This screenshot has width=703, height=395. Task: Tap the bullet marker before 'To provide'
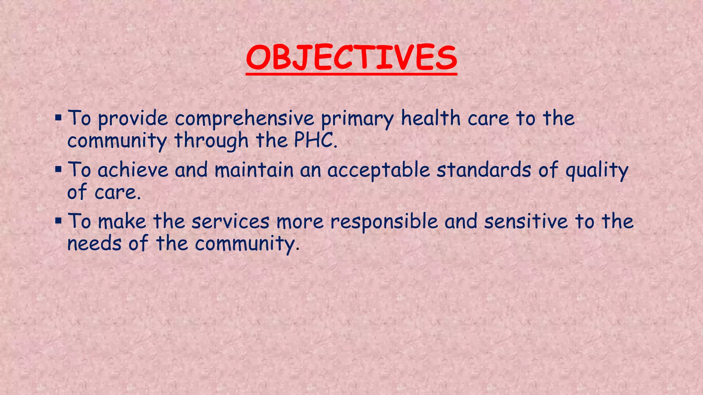tap(58, 118)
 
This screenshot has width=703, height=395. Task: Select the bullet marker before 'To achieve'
tap(58, 170)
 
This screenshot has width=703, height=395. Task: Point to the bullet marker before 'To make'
tap(58, 221)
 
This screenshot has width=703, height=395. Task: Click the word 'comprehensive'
tap(244, 119)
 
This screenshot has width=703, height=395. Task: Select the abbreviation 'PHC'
tap(313, 141)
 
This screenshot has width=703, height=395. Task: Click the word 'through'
tap(211, 141)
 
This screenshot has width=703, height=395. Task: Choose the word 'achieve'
tap(133, 170)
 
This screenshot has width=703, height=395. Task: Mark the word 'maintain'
tap(254, 170)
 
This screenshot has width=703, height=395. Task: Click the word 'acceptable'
tap(379, 170)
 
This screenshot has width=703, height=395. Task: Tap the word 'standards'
tap(484, 170)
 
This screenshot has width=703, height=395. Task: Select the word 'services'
tap(230, 222)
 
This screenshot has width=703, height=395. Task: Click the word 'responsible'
tap(384, 222)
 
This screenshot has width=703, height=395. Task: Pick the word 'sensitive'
tap(526, 222)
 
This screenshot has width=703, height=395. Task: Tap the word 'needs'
tap(94, 244)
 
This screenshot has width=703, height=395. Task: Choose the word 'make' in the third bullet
tap(122, 222)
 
